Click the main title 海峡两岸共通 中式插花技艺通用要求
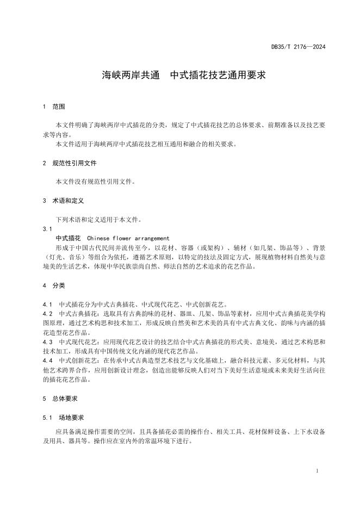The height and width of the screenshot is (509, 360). [184, 76]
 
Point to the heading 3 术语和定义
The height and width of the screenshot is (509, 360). [63, 201]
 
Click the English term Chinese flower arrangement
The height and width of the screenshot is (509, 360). [128, 238]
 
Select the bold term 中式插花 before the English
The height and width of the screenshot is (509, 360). [68, 238]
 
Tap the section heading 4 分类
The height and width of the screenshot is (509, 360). [54, 285]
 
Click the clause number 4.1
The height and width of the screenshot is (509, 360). [47, 304]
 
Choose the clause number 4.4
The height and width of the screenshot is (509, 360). [47, 361]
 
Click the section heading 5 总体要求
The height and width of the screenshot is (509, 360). [60, 399]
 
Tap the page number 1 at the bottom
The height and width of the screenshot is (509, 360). [316, 471]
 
